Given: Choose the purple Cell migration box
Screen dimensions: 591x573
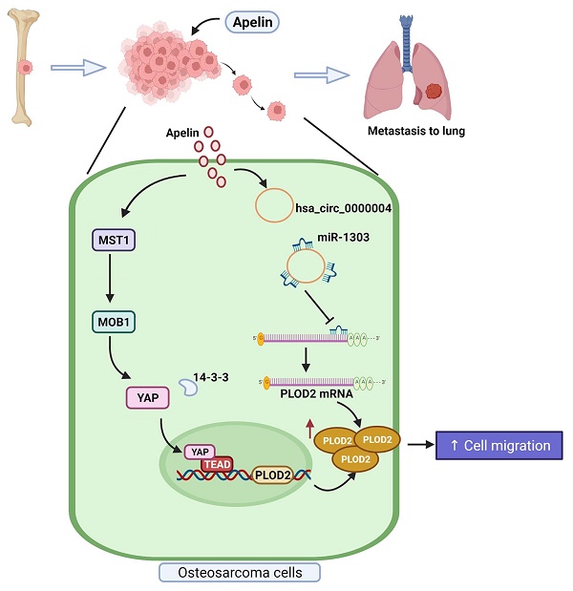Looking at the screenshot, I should pyautogui.click(x=494, y=445).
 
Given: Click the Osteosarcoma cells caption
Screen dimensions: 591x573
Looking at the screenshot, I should pyautogui.click(x=238, y=572).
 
